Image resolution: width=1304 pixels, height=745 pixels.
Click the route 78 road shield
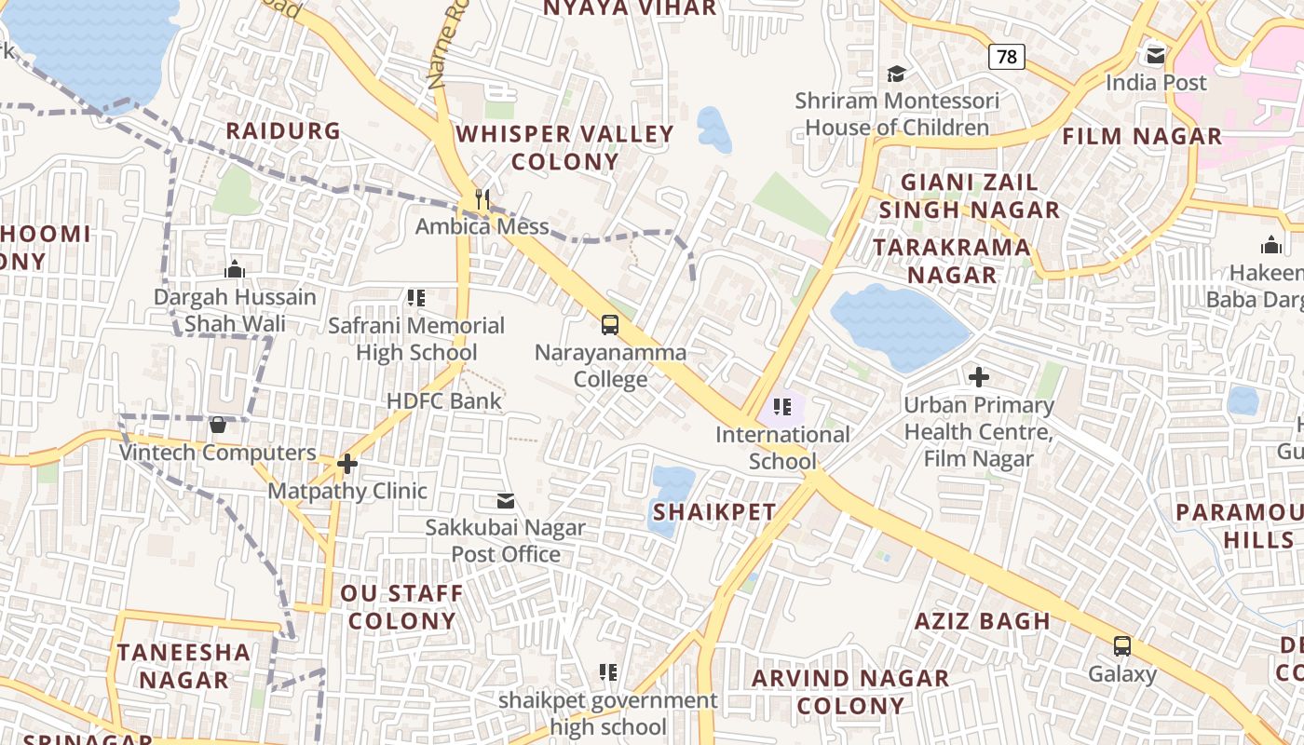[1007, 57]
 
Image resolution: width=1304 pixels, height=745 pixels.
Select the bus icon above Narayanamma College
[610, 325]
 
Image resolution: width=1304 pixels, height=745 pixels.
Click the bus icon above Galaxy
[1122, 646]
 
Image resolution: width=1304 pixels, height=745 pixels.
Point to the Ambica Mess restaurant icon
[482, 198]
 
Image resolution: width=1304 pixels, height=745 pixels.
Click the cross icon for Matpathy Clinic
[347, 463]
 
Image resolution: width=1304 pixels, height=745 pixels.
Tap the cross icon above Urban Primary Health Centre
[978, 377]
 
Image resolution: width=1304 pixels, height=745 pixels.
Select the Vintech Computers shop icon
[218, 426]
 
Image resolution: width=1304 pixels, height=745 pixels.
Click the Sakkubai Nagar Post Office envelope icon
[506, 501]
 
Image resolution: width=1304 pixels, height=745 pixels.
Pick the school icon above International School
[782, 407]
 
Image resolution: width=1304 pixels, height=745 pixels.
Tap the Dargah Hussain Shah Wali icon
[235, 269]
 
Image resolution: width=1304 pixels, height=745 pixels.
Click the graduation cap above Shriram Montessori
[896, 74]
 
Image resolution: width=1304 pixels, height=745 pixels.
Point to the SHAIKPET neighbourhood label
[714, 512]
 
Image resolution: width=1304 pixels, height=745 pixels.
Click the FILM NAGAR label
[1142, 137]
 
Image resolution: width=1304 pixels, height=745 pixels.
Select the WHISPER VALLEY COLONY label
[564, 147]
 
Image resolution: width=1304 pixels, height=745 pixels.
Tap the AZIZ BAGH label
[982, 621]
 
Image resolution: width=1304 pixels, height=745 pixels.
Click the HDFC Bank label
[444, 401]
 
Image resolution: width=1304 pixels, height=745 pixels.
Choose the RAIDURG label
[283, 131]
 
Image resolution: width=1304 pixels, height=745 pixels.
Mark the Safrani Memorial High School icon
[416, 298]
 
